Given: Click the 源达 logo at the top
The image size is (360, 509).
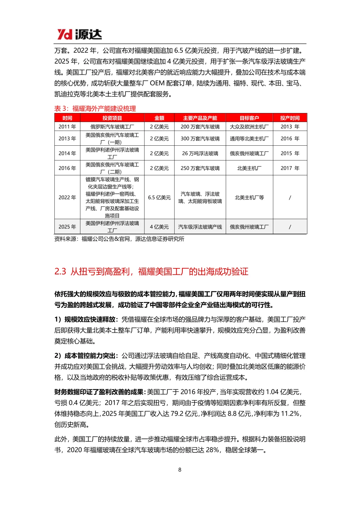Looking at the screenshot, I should (79, 34).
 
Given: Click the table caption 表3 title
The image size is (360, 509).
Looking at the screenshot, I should (95, 108).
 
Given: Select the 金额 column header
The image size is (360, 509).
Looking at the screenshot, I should (159, 118).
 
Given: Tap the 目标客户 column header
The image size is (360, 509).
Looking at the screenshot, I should (249, 118).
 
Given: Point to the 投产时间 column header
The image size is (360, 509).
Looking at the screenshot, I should (290, 118).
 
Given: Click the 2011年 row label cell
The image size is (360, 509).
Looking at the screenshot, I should (67, 127).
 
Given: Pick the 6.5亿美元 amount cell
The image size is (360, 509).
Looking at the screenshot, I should (159, 197).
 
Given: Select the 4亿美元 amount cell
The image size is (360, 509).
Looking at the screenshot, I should (159, 227).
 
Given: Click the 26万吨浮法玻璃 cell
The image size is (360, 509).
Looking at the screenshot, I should (200, 153).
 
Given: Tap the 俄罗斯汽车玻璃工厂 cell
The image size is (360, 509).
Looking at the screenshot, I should (112, 127).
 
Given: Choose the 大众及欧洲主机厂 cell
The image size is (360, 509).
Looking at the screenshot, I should (249, 127).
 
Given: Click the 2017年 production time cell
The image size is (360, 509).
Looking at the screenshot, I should (290, 168).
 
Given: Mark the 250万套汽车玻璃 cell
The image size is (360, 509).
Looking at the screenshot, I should (200, 168).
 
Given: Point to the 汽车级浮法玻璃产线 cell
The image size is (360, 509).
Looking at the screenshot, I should (200, 227).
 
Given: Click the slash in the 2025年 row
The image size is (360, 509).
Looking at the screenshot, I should (290, 227).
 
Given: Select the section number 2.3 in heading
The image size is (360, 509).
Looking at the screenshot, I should (60, 271).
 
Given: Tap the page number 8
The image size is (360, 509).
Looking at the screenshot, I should (180, 470).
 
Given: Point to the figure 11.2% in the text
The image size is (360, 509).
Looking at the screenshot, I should (290, 414).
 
